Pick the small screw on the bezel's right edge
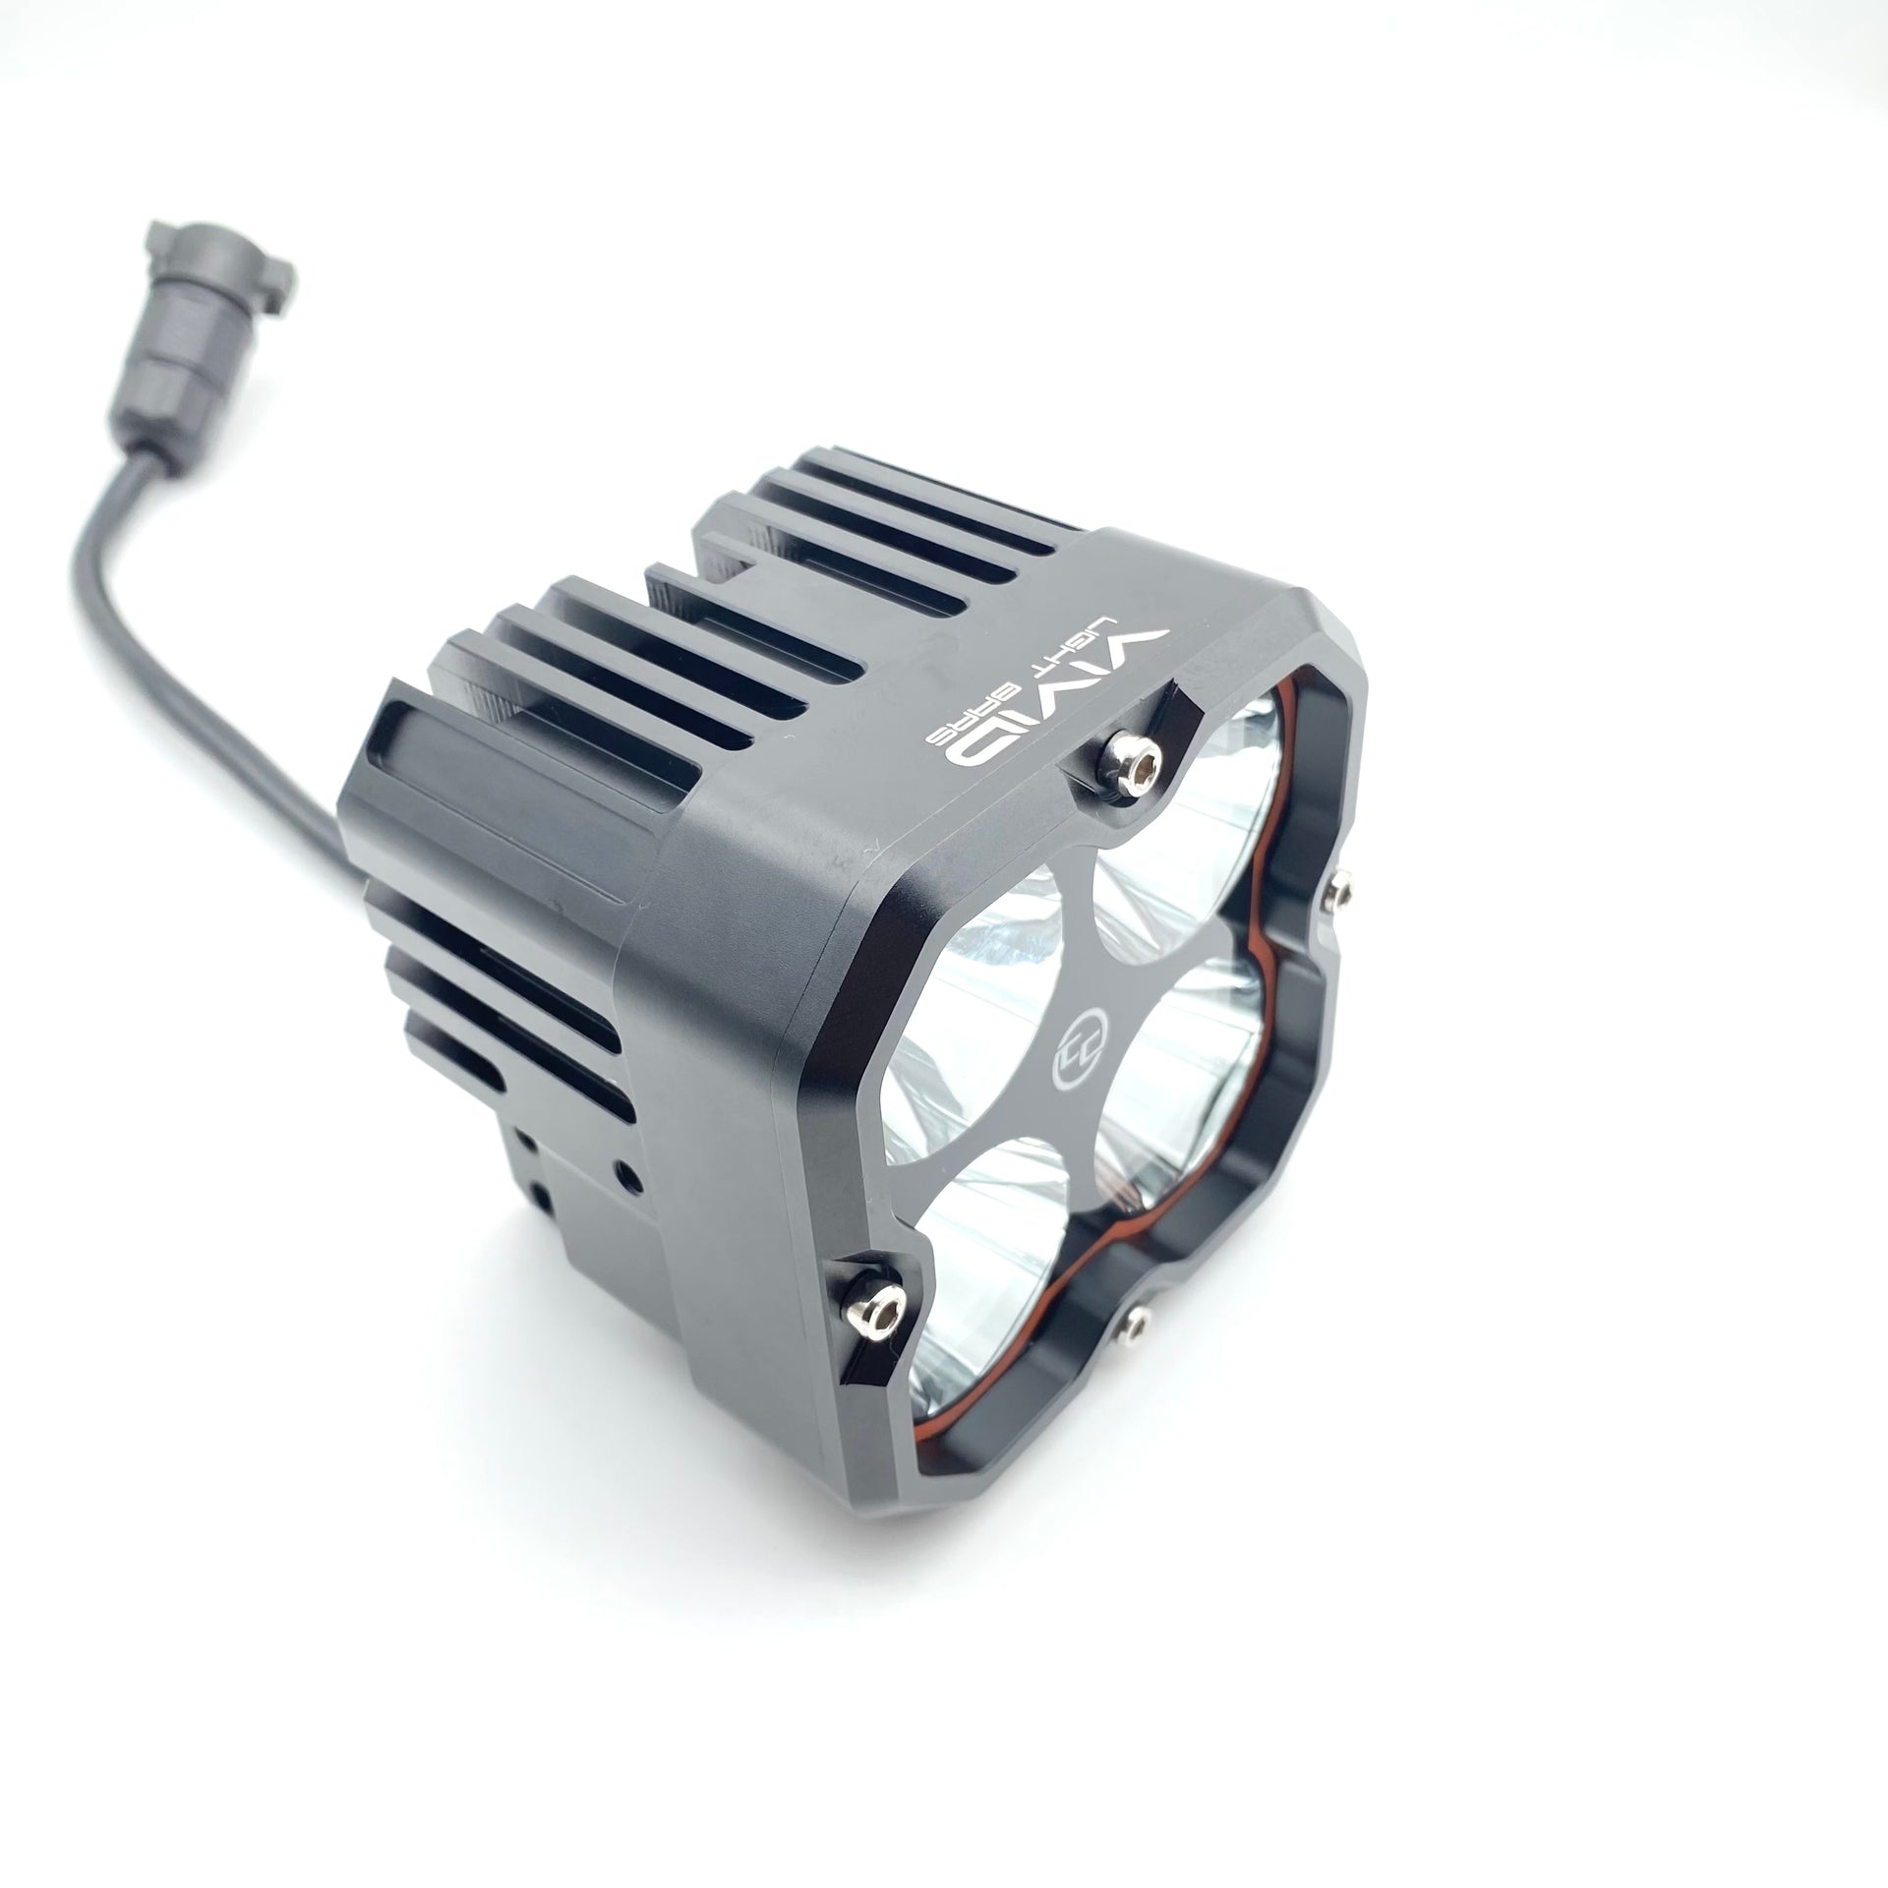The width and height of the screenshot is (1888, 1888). pos(1334,891)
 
